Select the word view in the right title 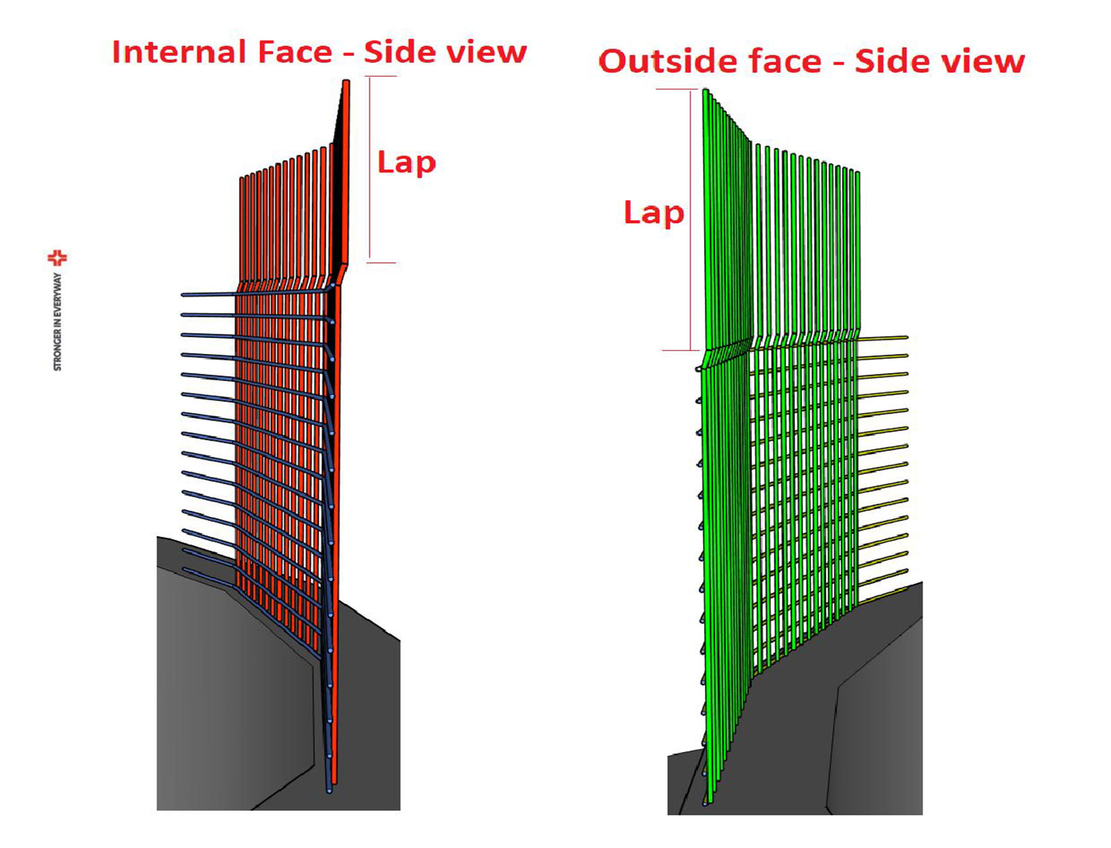point(984,61)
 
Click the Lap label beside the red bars point(406,163)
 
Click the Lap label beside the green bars point(653,213)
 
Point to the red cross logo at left point(57,258)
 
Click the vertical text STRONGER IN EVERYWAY point(58,321)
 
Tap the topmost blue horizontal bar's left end point(184,295)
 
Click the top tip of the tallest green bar point(705,92)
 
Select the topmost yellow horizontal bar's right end point(905,337)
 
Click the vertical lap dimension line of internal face point(370,170)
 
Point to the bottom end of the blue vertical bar point(329,789)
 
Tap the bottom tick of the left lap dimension point(381,262)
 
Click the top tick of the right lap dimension point(676,90)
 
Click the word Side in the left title point(396,52)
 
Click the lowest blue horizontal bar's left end point(185,570)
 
